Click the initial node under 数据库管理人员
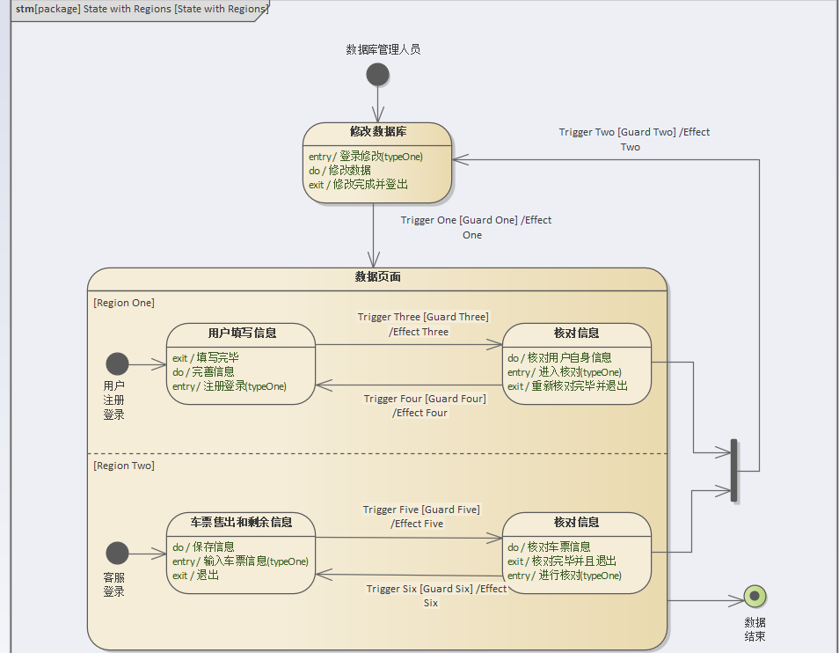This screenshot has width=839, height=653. click(377, 74)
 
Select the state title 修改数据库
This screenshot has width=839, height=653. click(377, 132)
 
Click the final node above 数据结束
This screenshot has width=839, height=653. click(754, 597)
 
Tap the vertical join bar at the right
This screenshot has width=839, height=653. click(733, 471)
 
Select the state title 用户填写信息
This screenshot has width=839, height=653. click(242, 333)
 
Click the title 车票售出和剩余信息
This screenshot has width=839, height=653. click(241, 522)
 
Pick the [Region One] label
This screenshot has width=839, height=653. click(124, 303)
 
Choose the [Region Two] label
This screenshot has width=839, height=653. click(124, 466)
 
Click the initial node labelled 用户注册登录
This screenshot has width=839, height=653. click(117, 363)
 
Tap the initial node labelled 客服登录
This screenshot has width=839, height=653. click(117, 553)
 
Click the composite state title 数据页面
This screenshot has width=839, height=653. click(377, 277)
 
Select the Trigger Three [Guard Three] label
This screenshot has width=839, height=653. click(422, 317)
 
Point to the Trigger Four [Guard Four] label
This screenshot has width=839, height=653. click(425, 399)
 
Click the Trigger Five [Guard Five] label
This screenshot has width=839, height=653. click(421, 510)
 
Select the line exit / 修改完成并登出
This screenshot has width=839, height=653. click(358, 185)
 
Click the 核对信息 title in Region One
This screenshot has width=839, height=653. click(576, 333)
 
